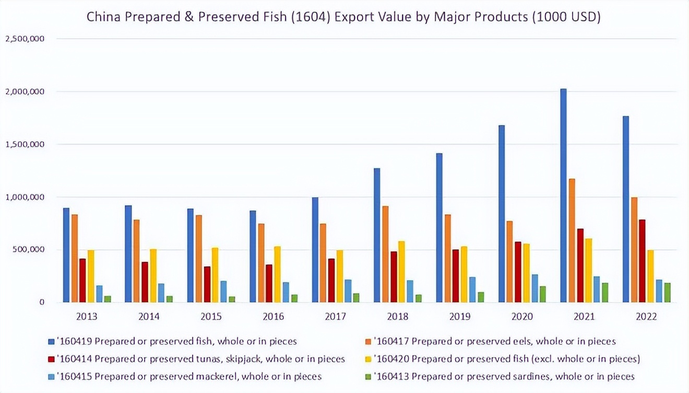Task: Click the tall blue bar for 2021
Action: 563,195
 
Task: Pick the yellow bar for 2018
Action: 401,272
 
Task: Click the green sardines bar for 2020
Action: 543,294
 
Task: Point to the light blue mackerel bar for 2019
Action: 472,290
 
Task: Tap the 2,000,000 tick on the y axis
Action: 25,91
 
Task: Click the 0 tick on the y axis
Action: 41,302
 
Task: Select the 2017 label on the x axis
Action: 335,316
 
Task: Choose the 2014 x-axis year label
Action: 149,316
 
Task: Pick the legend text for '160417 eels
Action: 495,341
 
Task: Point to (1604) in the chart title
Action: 312,17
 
